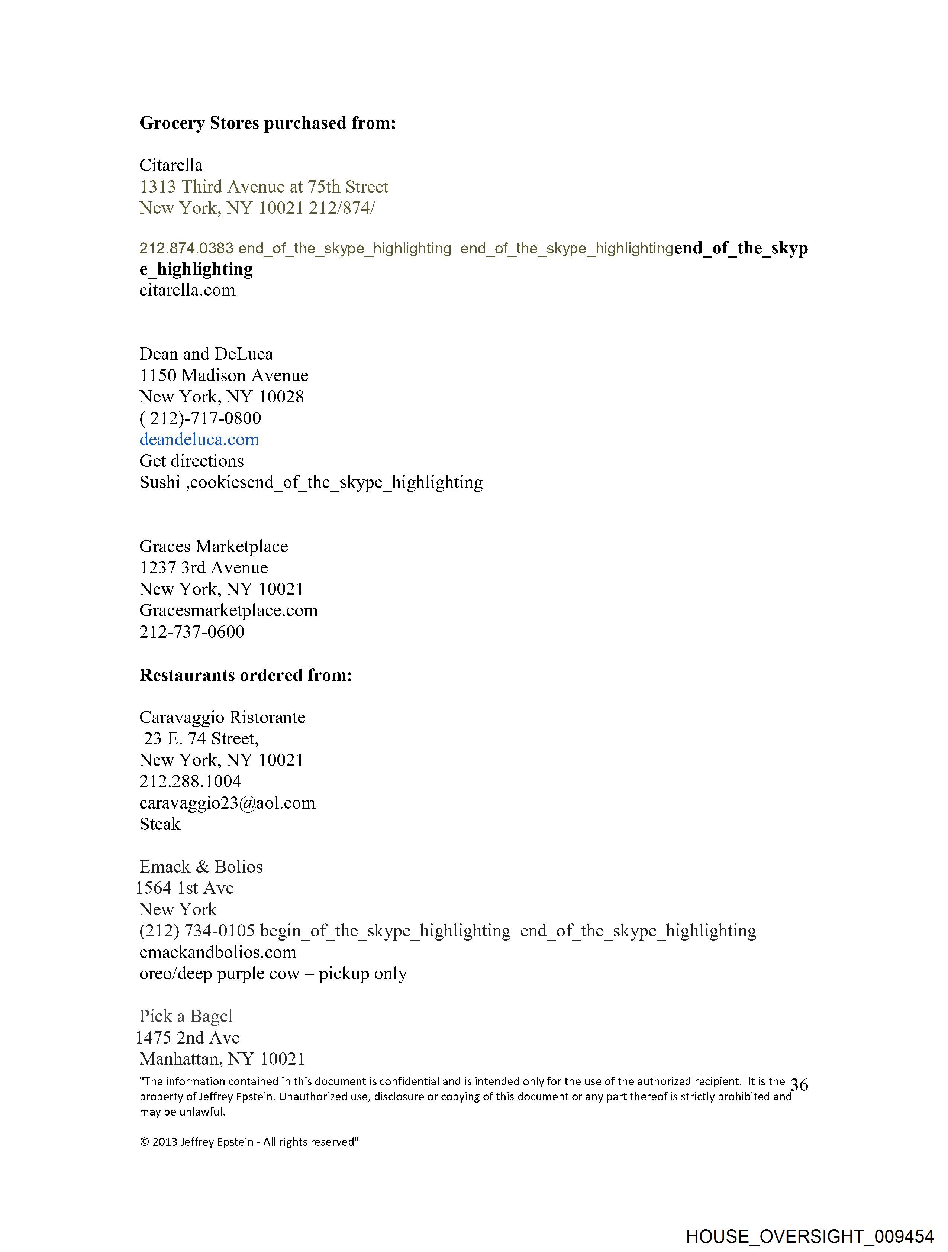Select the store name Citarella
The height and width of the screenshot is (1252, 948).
click(x=171, y=165)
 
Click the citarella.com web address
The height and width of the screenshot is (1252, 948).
click(x=187, y=290)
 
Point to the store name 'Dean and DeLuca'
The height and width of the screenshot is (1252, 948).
click(x=206, y=354)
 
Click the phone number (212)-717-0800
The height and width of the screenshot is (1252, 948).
click(x=200, y=418)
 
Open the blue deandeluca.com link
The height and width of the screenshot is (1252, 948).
click(x=199, y=440)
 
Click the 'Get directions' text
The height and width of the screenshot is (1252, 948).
click(x=191, y=461)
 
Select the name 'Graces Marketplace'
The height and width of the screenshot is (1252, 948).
click(x=213, y=547)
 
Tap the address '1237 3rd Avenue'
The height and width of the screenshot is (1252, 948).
click(x=203, y=568)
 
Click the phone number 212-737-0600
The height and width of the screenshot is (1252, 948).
click(x=191, y=632)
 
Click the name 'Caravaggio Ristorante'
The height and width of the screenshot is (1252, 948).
click(x=222, y=718)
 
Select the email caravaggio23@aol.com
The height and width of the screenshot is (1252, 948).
click(x=227, y=803)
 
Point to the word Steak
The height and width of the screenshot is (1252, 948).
click(x=160, y=825)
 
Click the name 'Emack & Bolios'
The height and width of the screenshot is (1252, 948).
click(x=201, y=867)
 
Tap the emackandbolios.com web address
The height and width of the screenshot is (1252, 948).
click(x=217, y=952)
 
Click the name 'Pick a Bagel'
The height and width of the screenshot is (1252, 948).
click(x=186, y=1016)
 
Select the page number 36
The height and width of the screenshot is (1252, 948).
click(x=799, y=1085)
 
